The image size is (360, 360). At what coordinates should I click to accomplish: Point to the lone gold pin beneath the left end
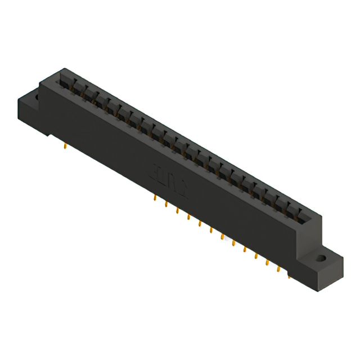(66, 148)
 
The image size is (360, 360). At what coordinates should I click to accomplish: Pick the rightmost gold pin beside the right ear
(289, 275)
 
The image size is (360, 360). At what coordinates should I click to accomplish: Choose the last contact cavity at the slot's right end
(304, 216)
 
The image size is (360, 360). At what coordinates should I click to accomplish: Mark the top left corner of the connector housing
(40, 84)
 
